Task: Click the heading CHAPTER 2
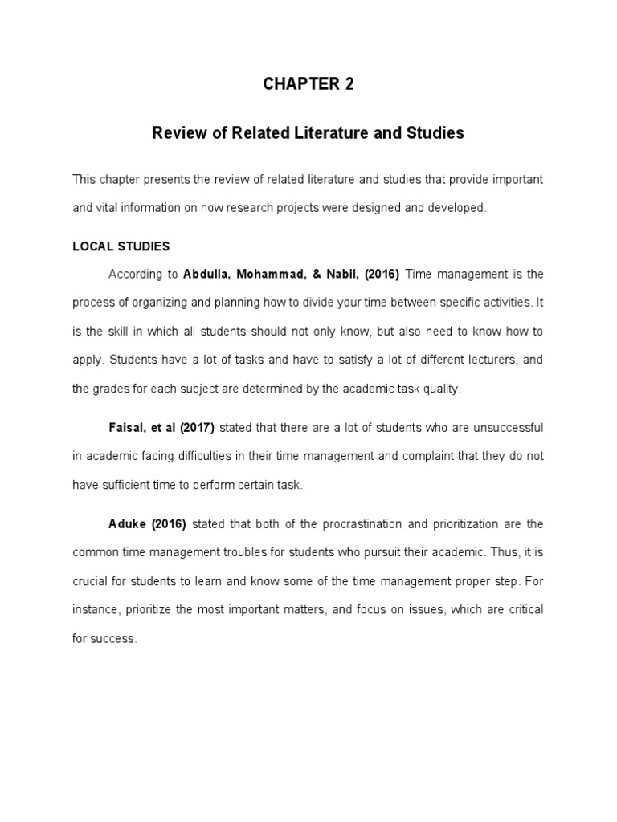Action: coord(308,85)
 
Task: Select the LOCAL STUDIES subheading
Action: coord(121,246)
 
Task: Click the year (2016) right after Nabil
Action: coord(382,275)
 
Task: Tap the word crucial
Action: coord(90,581)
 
